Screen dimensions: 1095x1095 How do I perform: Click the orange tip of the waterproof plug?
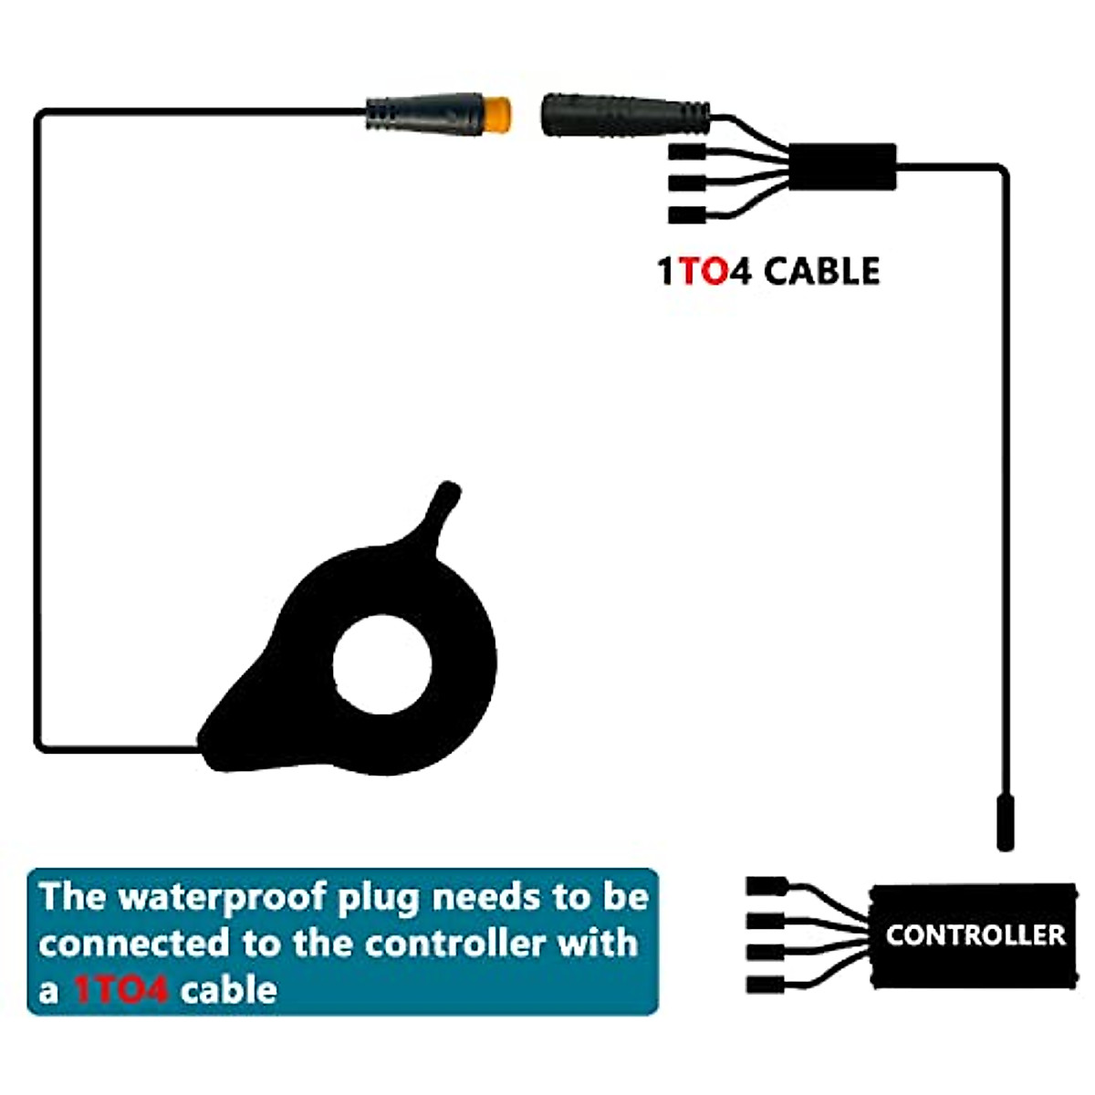click(x=494, y=113)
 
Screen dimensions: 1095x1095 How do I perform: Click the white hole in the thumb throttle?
click(x=382, y=663)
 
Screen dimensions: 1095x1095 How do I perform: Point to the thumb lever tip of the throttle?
click(x=446, y=494)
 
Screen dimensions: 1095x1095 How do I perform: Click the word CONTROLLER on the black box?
click(x=975, y=935)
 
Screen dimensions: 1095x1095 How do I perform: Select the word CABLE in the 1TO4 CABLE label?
click(x=821, y=272)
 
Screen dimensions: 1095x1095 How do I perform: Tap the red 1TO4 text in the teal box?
click(x=120, y=989)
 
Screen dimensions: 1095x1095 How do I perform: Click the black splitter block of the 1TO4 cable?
click(x=841, y=167)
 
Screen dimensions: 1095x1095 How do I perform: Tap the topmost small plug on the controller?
click(x=766, y=886)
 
